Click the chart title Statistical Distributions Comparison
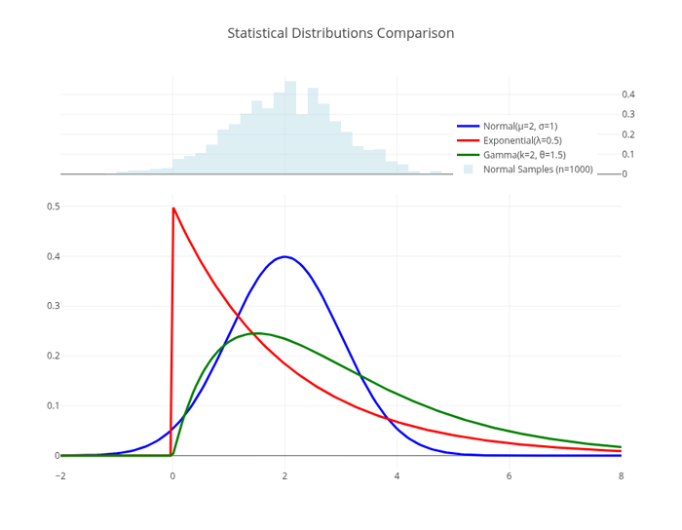340,33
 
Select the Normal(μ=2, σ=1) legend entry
520,126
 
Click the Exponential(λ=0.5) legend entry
522,140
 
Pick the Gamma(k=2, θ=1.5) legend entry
524,155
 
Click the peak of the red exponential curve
173,208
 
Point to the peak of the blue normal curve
284,256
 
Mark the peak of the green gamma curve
255,333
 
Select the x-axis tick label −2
60,475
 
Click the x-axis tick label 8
621,475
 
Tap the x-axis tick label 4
397,475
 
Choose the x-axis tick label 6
509,475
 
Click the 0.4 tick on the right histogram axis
628,95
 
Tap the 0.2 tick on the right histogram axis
628,134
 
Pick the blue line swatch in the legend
469,126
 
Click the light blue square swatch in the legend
469,170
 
